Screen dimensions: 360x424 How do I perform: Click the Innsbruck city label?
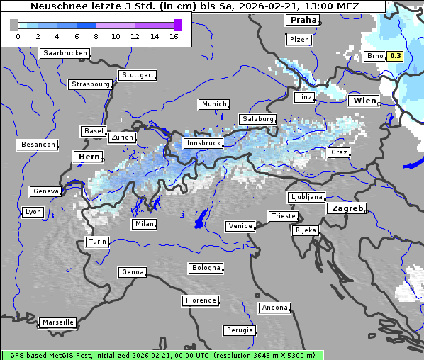pos(202,143)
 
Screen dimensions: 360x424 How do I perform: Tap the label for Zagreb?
pos(345,209)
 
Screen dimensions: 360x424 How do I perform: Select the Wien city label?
pos(364,101)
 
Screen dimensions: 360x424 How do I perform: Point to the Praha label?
pos(303,21)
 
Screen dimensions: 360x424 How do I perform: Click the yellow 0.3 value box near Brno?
pos(395,56)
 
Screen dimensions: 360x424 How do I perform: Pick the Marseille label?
pos(57,322)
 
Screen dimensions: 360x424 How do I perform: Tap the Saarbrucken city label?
pos(65,53)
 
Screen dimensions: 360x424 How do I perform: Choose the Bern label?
pos(89,157)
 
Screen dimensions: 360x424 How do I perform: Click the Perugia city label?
pos(239,330)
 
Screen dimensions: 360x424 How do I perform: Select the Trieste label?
pos(283,216)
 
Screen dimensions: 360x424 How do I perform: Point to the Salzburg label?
pos(257,119)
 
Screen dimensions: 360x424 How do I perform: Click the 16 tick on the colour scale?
pos(173,37)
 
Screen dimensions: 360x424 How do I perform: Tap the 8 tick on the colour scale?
pos(96,37)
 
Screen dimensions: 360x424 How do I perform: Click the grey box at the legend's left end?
pos(14,25)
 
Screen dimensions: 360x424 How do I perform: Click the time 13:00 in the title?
pos(316,6)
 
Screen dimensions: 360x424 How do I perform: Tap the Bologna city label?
pos(206,268)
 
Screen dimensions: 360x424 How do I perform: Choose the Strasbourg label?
pos(90,84)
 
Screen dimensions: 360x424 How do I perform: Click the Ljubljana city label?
pos(306,197)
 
